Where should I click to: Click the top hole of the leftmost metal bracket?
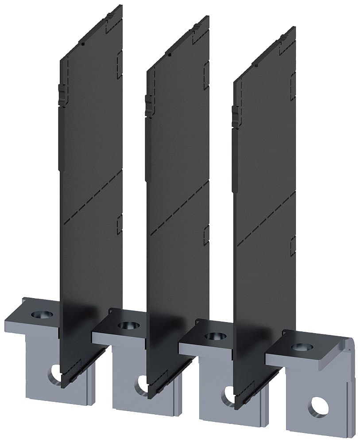[x=43, y=315]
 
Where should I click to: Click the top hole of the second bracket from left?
[x=129, y=326]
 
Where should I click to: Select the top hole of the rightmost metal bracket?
[x=302, y=346]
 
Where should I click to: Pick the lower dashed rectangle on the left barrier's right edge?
[x=119, y=225]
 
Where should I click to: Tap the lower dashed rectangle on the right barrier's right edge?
[x=293, y=246]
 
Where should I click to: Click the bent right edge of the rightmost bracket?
[x=350, y=354]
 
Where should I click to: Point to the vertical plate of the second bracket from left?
[x=128, y=390]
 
